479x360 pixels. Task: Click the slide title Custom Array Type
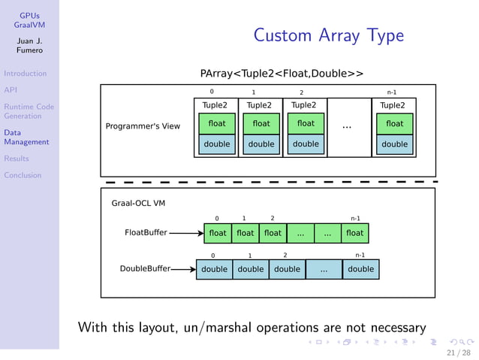pos(328,35)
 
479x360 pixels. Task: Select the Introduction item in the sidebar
pos(25,74)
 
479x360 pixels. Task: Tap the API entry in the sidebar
pos(11,90)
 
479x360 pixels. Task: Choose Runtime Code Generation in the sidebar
pos(29,111)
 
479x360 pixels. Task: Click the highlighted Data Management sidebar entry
pos(26,137)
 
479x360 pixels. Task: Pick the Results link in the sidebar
pos(17,159)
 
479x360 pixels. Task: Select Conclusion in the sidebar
pos(23,175)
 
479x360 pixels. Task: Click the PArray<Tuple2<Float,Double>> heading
pos(282,74)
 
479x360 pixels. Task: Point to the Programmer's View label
pos(143,126)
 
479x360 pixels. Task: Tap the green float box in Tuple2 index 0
pos(216,123)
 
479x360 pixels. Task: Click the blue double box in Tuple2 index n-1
pos(394,144)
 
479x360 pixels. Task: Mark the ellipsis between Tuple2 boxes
pos(347,126)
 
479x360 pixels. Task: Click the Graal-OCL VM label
pos(138,203)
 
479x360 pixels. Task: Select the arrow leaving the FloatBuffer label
pos(185,233)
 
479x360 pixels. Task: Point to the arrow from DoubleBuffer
pos(182,268)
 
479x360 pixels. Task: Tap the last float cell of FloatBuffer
pos(354,233)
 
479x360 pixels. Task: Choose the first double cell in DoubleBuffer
pos(214,269)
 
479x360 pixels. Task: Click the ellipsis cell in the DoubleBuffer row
pos(324,269)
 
